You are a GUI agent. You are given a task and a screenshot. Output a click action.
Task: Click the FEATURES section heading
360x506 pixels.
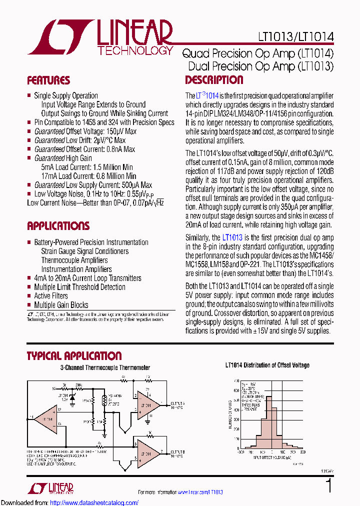(48, 80)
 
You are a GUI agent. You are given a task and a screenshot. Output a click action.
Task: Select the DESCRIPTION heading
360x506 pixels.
(214, 80)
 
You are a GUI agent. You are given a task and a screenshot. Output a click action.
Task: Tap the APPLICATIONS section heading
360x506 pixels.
(58, 225)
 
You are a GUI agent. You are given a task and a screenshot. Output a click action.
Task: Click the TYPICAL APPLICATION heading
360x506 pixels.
(73, 356)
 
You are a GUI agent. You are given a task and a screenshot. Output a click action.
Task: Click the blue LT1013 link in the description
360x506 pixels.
(232, 238)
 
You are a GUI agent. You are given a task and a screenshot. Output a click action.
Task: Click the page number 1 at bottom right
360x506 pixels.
(328, 485)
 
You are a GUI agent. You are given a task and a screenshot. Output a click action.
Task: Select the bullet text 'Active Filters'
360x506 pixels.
(50, 296)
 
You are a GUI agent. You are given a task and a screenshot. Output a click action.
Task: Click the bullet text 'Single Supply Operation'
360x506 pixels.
(65, 95)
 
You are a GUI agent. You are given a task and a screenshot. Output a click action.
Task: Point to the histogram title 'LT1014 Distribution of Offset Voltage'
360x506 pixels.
(267, 365)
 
